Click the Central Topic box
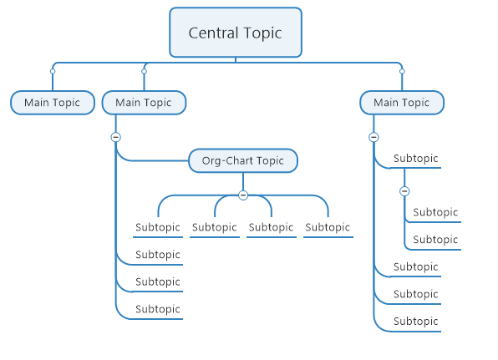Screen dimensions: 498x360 236,33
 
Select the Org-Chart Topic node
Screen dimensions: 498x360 243,160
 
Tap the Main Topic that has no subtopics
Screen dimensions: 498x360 53,103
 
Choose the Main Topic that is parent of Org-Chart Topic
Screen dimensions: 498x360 144,103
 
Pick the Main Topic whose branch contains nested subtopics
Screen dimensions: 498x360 402,103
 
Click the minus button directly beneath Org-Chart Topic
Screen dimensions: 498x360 243,195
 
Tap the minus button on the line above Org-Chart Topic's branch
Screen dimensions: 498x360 115,137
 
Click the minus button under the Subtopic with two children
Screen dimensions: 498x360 404,191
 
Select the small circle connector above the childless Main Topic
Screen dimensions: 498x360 53,71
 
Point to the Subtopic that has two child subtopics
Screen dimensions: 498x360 415,159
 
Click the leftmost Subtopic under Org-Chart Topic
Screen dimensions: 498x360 158,227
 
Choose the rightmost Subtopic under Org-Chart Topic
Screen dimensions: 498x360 328,227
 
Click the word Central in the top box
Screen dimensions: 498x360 213,33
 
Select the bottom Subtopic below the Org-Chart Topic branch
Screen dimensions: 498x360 158,309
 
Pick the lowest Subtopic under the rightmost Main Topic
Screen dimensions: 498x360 415,322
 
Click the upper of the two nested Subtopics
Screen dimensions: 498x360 435,212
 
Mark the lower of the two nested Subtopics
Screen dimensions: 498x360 435,240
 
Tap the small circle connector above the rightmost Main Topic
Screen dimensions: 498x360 402,71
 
